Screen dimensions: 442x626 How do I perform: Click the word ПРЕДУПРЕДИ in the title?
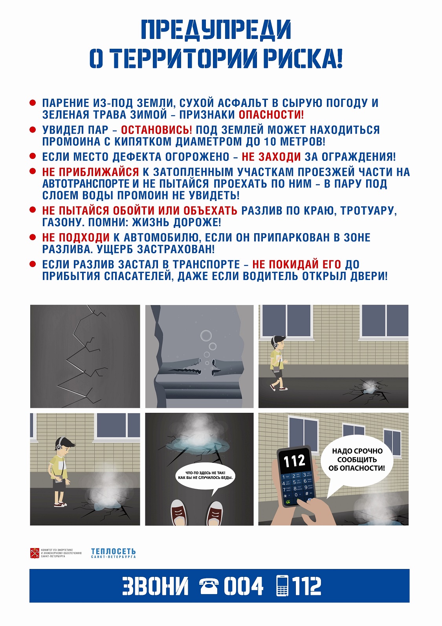pos(216,29)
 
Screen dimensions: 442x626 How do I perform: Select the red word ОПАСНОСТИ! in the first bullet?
pos(271,114)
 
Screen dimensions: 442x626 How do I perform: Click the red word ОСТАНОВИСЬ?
pos(156,130)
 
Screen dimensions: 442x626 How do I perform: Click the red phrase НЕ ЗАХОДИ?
pos(271,157)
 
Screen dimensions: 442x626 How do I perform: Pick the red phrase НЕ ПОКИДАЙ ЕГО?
pos(297,264)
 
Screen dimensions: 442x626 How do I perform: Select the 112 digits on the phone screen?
pos(294,461)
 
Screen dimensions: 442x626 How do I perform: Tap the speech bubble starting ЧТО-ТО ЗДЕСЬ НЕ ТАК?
pos(205,476)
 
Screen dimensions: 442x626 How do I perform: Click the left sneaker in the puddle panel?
pos(179,512)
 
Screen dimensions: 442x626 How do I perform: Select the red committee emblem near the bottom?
pos(35,553)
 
